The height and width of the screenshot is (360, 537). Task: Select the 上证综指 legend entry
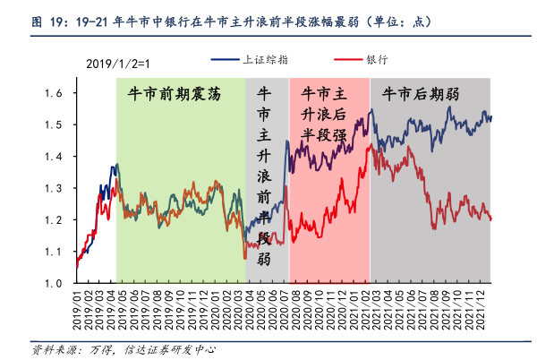266,59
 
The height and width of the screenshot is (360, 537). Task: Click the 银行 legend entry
376,59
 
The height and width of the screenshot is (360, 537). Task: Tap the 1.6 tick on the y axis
55,93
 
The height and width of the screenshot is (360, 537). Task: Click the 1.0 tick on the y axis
55,283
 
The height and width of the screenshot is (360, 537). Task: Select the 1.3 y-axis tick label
55,188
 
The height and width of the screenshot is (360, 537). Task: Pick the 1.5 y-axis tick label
55,124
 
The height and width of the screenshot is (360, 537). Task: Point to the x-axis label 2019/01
78,309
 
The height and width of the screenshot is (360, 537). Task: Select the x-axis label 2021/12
482,309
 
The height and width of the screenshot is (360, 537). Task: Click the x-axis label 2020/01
217,309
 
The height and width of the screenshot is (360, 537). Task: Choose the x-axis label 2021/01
355,309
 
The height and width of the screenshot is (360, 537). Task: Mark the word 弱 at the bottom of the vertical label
265,260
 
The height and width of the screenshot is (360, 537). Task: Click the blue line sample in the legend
225,59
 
